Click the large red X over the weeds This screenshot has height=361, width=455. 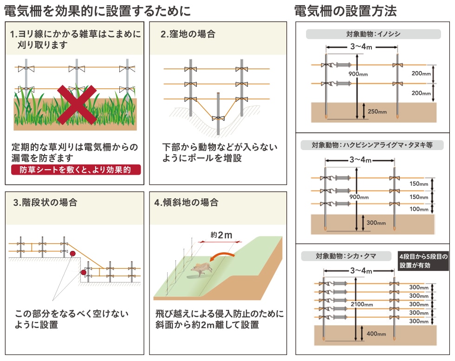[x=77, y=105]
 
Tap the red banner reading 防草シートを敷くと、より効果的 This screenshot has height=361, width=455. [x=76, y=170]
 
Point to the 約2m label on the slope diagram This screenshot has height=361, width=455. [x=221, y=235]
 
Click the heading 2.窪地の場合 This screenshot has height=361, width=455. [x=188, y=34]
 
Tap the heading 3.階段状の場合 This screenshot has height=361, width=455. [x=45, y=203]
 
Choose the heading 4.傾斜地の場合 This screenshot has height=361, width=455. [x=186, y=203]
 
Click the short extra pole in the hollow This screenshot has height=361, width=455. [x=218, y=114]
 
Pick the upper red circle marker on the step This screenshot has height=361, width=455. [x=72, y=254]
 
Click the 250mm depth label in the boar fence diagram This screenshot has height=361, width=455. [x=377, y=112]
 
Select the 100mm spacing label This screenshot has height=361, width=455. [x=419, y=209]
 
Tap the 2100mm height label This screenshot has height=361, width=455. [x=362, y=304]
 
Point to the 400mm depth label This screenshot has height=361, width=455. [x=376, y=334]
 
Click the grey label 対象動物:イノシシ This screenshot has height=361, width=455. [x=373, y=34]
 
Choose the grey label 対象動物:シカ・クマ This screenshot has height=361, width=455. [x=346, y=256]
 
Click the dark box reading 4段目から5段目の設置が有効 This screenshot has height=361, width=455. [x=423, y=261]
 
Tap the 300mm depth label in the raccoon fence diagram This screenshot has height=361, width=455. [x=376, y=223]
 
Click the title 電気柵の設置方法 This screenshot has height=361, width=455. [x=345, y=11]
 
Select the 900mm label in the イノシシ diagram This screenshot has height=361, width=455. [x=358, y=74]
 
